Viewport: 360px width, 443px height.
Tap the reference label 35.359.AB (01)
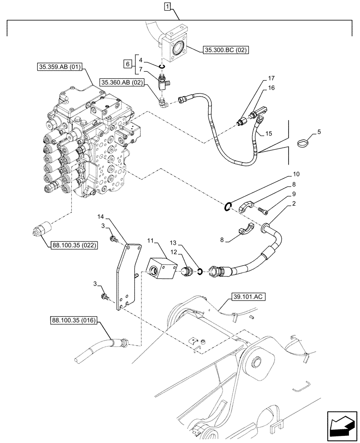(x=61, y=67)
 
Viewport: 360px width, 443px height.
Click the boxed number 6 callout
(x=128, y=64)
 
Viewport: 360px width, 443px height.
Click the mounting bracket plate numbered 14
(x=127, y=275)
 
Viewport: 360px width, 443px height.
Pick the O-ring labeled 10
(x=227, y=206)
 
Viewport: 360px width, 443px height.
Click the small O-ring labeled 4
(x=162, y=66)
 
